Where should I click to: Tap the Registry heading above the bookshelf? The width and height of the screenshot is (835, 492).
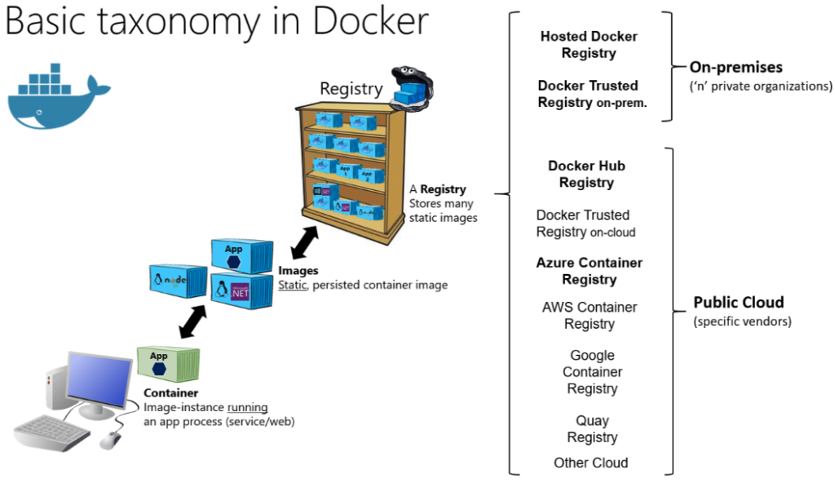coord(350,88)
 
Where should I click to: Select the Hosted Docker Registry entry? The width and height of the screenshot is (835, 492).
coord(589,45)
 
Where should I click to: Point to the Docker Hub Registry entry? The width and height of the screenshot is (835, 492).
coord(586,174)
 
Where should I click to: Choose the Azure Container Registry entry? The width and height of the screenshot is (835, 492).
coord(589,271)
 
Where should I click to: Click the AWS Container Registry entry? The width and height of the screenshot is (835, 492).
coord(589,315)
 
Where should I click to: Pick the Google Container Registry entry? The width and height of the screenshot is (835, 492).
coord(593,372)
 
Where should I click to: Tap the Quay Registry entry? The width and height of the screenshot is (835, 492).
coord(593,429)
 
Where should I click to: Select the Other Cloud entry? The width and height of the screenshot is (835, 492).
coord(591,463)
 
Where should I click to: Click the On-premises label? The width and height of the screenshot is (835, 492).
coord(736,68)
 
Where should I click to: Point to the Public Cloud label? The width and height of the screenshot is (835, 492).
coord(738,303)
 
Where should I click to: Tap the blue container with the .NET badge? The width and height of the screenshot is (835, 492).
coord(236,290)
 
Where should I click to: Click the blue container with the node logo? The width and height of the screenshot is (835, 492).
coord(178,281)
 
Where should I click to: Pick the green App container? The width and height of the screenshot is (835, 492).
coord(168,364)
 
